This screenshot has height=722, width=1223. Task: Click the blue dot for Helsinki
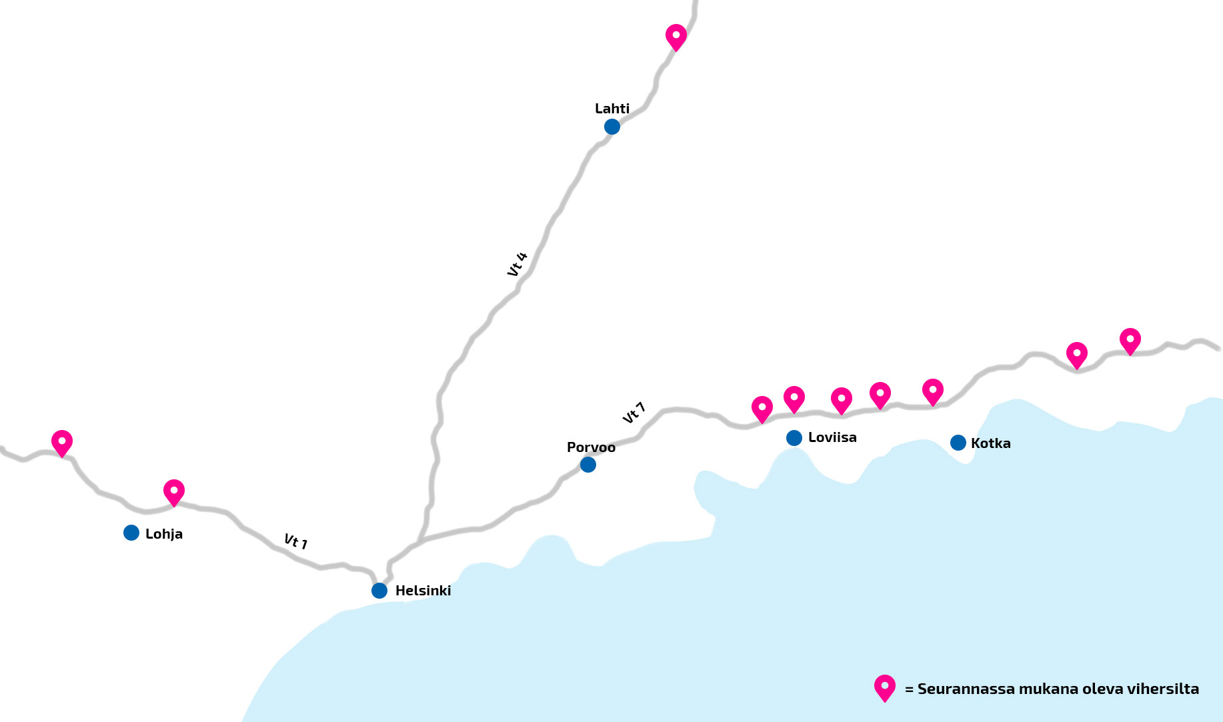(379, 591)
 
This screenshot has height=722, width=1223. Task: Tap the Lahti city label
(612, 109)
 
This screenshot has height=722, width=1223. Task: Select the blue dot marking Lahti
(612, 127)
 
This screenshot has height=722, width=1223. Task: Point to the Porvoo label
(591, 447)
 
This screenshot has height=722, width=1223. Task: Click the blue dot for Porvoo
(588, 465)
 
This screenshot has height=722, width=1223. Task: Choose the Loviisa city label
(832, 438)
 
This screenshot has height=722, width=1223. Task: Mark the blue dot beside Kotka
(958, 443)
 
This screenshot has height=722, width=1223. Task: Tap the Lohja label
(164, 534)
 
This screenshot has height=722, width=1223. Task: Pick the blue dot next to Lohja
(131, 533)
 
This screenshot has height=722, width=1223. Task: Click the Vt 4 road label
(517, 264)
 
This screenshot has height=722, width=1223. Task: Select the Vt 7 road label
(634, 413)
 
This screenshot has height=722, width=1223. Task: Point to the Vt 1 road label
(295, 541)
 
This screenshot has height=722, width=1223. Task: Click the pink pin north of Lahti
(676, 36)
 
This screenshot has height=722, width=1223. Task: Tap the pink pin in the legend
(885, 687)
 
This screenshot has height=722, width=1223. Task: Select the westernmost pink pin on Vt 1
(62, 442)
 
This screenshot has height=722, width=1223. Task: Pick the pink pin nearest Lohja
(174, 491)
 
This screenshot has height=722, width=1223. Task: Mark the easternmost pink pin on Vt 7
(1130, 340)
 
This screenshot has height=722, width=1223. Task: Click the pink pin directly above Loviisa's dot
(794, 398)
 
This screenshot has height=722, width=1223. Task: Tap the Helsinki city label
(423, 591)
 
